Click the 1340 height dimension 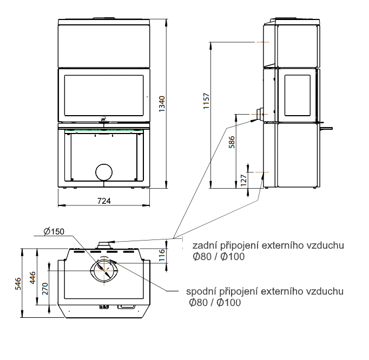(x=162, y=104)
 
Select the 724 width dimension (x=104, y=201)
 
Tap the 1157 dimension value (x=206, y=101)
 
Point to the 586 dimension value (x=232, y=142)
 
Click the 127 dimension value (x=244, y=180)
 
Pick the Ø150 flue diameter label (x=54, y=231)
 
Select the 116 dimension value (x=162, y=255)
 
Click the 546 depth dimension (x=18, y=284)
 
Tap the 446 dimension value (x=32, y=277)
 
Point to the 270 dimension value (x=45, y=289)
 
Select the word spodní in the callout (x=201, y=291)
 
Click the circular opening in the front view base (x=104, y=172)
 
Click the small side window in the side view (x=297, y=96)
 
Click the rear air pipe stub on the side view (x=259, y=114)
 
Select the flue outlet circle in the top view (x=104, y=270)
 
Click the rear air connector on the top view (x=104, y=245)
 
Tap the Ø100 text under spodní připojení (x=229, y=302)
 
